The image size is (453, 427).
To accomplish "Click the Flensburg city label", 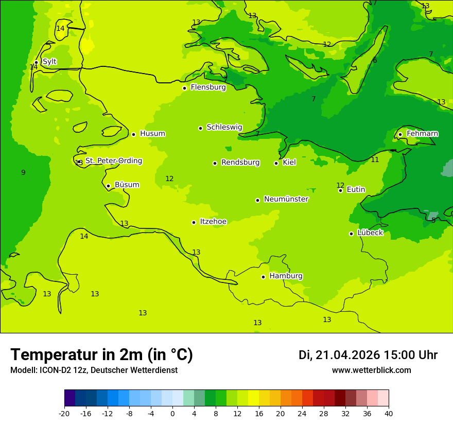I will pos(208,87).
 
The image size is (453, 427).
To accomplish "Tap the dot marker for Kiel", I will pos(276,163).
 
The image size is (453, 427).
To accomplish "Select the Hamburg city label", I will pos(286,276).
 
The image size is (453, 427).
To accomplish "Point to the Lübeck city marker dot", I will pos(351,234).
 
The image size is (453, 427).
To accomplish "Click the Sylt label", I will pos(49,62).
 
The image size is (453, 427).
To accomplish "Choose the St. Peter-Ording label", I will pos(113,161).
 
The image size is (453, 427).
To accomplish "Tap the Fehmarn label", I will pos(422,134).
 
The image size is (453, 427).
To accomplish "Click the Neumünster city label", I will pos(286,199).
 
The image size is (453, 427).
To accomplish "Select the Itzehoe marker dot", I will pos(194,222).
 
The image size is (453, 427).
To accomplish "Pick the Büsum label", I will pos(127,185).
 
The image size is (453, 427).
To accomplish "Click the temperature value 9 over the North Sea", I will pos(23,173).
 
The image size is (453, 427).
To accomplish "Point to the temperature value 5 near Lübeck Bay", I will pos(433,220).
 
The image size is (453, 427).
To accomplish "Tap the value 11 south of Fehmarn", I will pos(375,160).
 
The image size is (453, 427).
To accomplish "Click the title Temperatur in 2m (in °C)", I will pos(101,354).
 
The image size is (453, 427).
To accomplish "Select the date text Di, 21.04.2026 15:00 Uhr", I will pos(368,355).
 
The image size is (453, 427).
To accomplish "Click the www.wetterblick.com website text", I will pos(371,370).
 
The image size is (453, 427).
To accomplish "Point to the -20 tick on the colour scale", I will pos(64,413).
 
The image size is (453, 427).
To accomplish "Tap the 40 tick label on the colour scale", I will pos(389,413).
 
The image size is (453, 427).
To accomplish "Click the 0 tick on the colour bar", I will pos(172,413).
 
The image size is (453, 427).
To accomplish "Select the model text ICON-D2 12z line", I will pos(94,370).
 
